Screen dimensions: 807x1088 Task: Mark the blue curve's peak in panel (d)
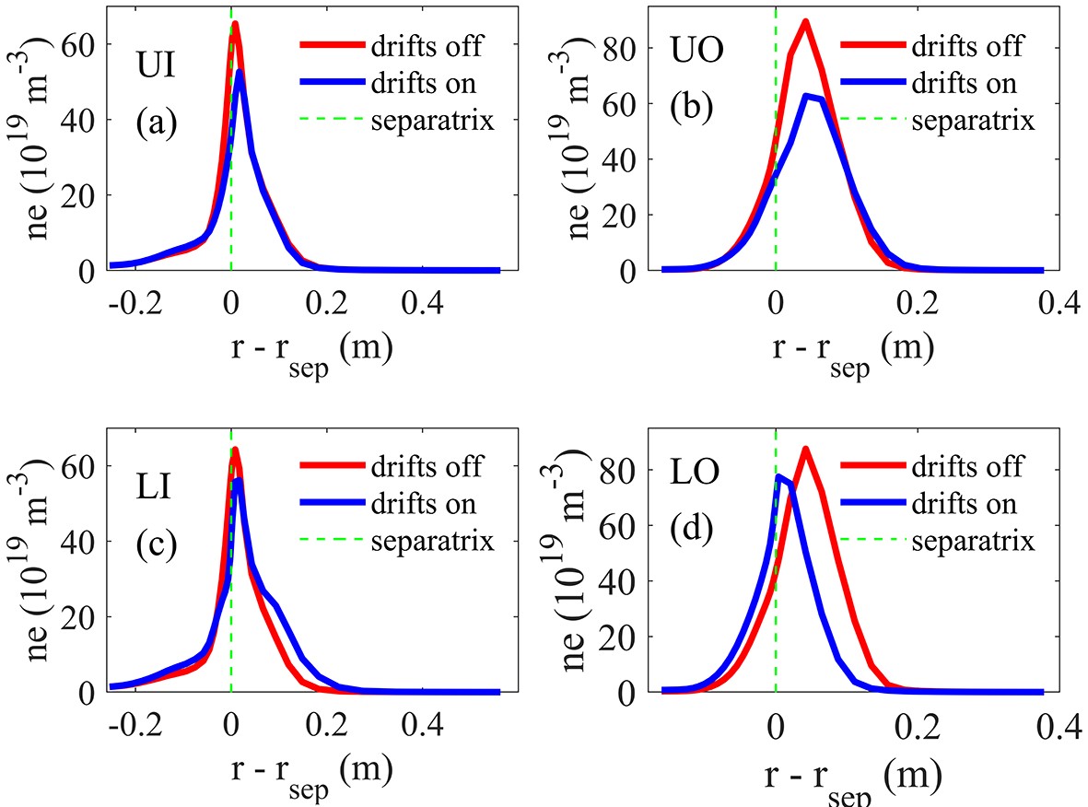(x=779, y=476)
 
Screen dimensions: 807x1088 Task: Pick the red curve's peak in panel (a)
(x=235, y=24)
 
